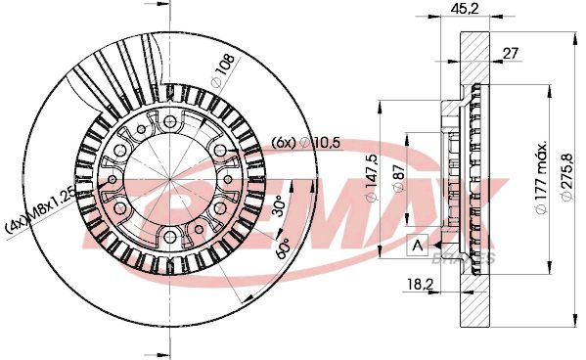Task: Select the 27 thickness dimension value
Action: tap(511, 55)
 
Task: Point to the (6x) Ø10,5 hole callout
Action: tap(305, 144)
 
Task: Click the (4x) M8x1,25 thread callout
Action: tap(40, 211)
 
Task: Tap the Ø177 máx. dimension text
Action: tap(538, 180)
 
